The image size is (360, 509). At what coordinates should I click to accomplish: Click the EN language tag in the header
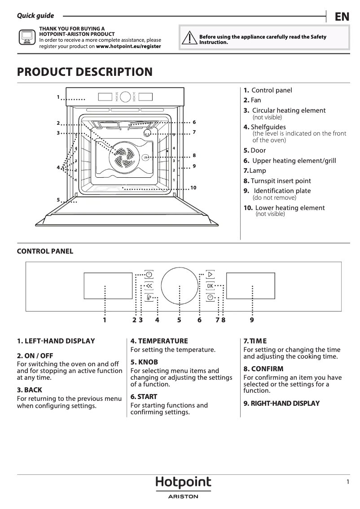(x=342, y=17)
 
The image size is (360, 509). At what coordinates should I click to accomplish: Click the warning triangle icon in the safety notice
(x=191, y=39)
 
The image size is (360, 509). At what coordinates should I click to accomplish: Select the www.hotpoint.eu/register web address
(x=128, y=46)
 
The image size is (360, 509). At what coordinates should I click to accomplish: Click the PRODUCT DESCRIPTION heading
(x=84, y=72)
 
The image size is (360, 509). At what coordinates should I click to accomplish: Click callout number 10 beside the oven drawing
(x=193, y=187)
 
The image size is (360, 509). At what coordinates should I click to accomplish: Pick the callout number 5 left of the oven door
(x=58, y=199)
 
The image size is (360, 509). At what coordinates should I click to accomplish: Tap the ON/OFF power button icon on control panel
(x=149, y=274)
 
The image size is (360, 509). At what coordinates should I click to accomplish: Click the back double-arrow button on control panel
(x=149, y=286)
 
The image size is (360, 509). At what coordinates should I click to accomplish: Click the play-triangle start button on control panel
(x=210, y=274)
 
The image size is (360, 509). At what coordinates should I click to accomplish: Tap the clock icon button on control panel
(x=210, y=297)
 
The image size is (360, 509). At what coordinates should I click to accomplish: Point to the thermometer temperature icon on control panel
(x=149, y=297)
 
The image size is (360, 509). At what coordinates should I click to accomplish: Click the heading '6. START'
(x=144, y=397)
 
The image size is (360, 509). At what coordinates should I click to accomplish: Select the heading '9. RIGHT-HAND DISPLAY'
(x=281, y=403)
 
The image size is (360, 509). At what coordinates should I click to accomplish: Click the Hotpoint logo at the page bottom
(x=183, y=483)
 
